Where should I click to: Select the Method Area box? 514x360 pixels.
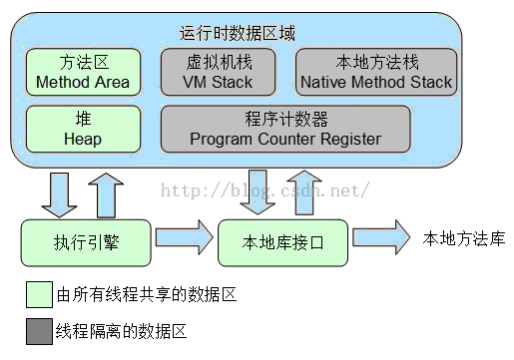82,72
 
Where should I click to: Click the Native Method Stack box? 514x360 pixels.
374,72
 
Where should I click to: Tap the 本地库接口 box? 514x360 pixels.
282,239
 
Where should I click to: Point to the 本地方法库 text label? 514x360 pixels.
464,238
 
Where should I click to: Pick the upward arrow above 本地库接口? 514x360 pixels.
303,192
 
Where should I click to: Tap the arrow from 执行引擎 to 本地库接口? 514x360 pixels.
183,239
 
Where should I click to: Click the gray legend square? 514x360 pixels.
39,330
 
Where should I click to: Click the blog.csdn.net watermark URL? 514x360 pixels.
265,188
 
